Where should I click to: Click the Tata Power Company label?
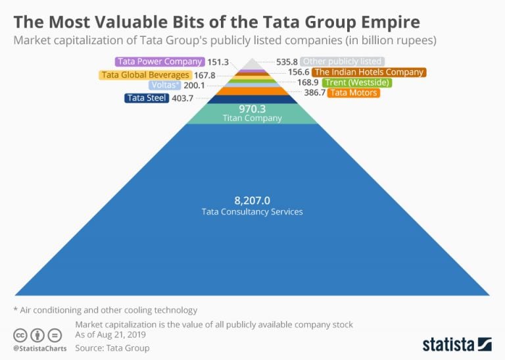159,62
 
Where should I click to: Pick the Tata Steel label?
146,99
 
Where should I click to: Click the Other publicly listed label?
343,62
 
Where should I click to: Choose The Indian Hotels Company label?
369,72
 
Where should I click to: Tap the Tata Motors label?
353,93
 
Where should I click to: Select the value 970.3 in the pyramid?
252,109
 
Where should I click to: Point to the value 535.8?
287,62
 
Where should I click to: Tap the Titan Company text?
252,118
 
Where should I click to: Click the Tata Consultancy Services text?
252,212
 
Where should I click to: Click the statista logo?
456,343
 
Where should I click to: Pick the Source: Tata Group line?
112,347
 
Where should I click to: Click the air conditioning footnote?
105,309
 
